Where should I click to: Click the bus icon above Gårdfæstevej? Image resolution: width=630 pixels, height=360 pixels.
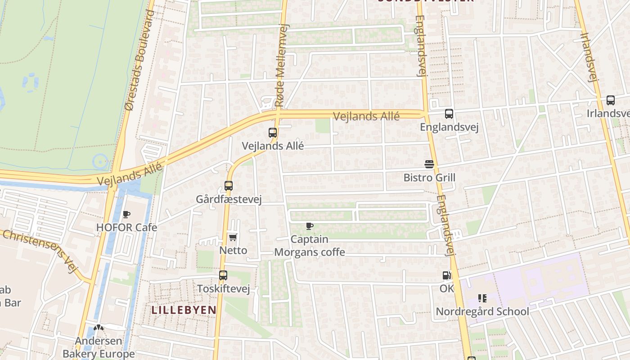[229, 185]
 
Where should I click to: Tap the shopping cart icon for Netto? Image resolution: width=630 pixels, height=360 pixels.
[233, 237]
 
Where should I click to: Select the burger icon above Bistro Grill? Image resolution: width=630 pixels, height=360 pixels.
[429, 164]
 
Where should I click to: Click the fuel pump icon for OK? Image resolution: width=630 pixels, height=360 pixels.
[446, 275]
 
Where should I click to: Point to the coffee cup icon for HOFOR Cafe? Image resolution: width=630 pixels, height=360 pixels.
[126, 214]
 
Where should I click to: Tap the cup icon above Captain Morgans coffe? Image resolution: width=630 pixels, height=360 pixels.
[309, 226]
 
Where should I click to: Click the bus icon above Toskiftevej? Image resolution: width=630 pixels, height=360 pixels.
[223, 275]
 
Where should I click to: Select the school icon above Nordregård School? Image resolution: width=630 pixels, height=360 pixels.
[482, 298]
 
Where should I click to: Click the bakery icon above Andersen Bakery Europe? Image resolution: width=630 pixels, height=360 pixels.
[99, 328]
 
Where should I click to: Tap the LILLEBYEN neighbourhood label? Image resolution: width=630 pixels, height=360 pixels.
[184, 310]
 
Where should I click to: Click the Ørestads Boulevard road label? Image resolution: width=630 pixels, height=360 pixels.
[139, 59]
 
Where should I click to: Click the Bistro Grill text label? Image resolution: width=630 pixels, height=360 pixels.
[429, 177]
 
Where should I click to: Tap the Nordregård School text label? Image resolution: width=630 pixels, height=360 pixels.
[482, 311]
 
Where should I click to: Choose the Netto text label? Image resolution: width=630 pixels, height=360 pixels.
[233, 250]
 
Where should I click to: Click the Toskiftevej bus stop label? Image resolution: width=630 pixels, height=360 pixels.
[223, 288]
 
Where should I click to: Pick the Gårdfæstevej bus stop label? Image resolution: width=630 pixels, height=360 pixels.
[229, 199]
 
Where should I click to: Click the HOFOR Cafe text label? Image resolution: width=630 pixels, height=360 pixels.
[126, 227]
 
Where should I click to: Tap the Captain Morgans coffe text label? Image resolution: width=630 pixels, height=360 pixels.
[310, 246]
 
